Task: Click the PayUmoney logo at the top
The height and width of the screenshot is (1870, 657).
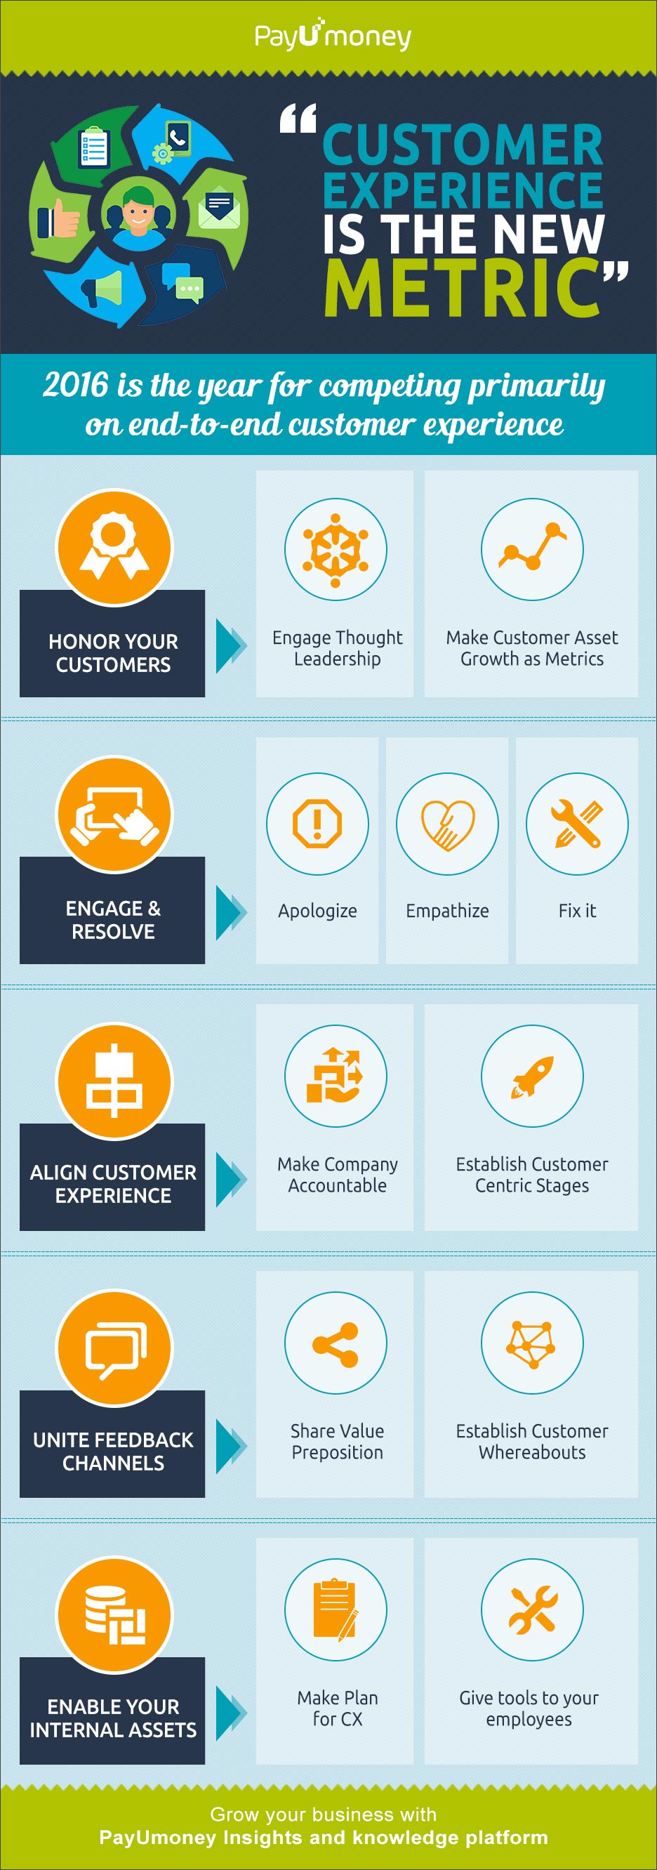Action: (333, 35)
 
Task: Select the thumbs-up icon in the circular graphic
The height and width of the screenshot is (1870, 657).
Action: (58, 218)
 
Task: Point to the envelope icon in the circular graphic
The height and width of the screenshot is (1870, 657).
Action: (218, 209)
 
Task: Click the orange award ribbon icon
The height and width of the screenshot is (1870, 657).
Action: (114, 546)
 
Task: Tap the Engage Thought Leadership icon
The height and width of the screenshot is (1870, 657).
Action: (336, 550)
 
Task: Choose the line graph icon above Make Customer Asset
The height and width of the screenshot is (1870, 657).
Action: (532, 550)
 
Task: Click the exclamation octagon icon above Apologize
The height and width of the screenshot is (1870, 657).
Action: (317, 823)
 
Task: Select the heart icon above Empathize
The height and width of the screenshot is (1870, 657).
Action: (447, 823)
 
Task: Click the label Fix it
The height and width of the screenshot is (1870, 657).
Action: (577, 910)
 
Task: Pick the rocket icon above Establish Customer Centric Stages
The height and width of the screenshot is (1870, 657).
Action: (532, 1076)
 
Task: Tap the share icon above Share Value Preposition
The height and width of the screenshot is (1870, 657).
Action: (336, 1343)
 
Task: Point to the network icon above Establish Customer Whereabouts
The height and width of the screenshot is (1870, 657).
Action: (532, 1343)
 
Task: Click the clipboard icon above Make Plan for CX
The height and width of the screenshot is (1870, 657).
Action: (336, 1610)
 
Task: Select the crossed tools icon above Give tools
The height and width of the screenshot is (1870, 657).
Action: (532, 1610)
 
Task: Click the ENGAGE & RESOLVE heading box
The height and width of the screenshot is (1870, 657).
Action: (112, 910)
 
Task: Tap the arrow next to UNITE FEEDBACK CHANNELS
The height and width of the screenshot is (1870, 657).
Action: (232, 1444)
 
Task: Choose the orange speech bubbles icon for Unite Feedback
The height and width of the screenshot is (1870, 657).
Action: (115, 1349)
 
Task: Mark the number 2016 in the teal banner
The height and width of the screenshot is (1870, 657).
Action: (76, 385)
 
